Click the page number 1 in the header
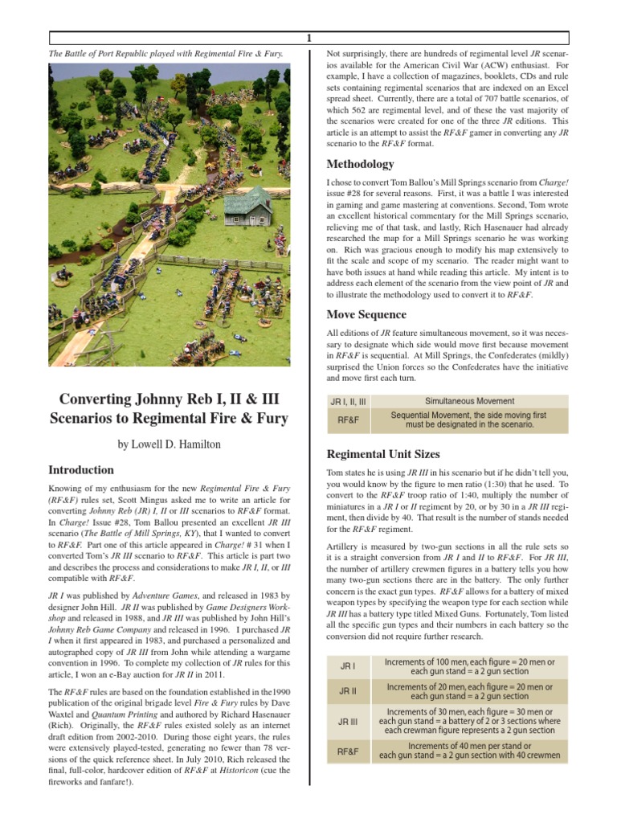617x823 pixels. click(308, 38)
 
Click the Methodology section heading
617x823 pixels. click(361, 164)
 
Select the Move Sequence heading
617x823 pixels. click(366, 314)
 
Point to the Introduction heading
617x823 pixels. click(81, 470)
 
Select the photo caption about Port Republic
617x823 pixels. click(165, 53)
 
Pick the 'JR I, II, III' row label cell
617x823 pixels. click(348, 401)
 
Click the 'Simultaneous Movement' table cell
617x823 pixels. click(469, 401)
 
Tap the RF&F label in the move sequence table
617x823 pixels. click(348, 420)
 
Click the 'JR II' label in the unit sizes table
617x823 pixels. click(348, 692)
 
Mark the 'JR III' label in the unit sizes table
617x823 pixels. click(348, 722)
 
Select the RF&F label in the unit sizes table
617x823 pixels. click(348, 751)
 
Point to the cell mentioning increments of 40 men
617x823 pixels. click(469, 751)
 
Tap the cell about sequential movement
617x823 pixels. click(469, 420)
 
